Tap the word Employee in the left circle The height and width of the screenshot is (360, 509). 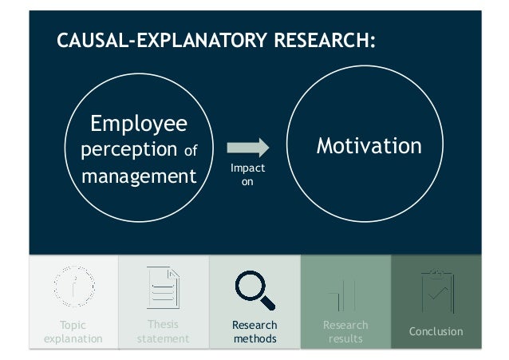(139, 124)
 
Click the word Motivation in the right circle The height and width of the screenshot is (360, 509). (369, 146)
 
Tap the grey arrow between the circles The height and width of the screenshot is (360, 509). (248, 148)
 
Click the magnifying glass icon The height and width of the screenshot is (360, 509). (254, 291)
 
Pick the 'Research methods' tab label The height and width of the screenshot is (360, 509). (254, 332)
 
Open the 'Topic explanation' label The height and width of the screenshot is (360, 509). (73, 332)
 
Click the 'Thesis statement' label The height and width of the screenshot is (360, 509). (164, 332)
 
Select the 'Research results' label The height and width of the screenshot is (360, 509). (345, 332)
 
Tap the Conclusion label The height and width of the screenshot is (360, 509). (436, 331)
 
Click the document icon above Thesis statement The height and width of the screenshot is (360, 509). (164, 287)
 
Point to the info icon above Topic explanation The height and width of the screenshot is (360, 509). (73, 287)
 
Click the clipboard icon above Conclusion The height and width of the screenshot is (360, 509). (436, 289)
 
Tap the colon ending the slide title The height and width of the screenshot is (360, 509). (373, 42)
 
